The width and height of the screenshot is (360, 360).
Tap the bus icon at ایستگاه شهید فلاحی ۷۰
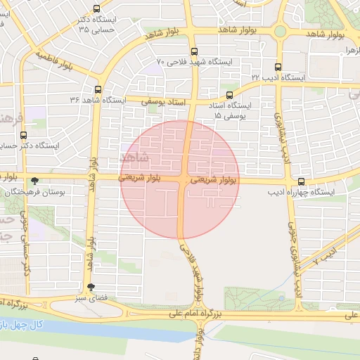(195, 51)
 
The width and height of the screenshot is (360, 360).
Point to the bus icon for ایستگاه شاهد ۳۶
(97, 89)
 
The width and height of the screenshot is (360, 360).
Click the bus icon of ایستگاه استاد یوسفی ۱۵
(230, 95)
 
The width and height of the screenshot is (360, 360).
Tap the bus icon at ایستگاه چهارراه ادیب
(302, 181)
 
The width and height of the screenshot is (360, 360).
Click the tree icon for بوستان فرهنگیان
(35, 181)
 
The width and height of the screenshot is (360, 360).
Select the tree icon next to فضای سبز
(91, 287)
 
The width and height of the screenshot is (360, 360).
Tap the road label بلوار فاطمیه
(56, 61)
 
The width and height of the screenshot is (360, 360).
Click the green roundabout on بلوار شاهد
(280, 32)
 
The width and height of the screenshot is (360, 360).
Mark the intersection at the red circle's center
(181, 180)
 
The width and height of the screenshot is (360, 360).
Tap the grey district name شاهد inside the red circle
(135, 157)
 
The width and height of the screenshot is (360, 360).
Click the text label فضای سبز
(91, 298)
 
